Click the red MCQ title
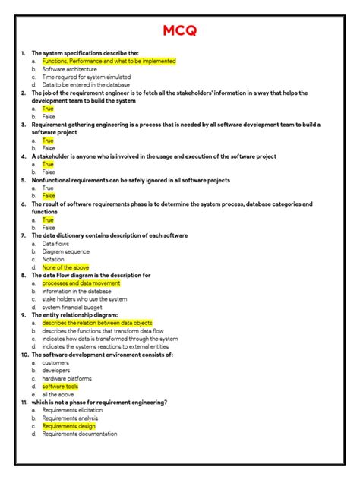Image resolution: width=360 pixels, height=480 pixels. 180,32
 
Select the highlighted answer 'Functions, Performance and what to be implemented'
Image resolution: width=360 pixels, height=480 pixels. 109,61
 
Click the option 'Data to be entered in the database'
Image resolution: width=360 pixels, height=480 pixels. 86,85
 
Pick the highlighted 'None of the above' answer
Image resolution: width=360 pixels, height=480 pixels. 65,267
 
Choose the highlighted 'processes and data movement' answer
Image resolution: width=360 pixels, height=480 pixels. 81,283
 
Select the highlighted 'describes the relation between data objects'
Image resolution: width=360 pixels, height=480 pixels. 97,323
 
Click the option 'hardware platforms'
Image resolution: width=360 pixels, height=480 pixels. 67,378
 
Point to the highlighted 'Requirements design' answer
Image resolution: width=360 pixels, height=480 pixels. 69,426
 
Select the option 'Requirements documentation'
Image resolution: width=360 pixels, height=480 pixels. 79,434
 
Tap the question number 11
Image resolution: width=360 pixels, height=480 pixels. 24,403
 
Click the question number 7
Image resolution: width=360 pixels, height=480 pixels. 24,235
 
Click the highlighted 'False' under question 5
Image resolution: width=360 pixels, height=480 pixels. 49,196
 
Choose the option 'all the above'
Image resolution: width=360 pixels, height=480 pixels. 58,394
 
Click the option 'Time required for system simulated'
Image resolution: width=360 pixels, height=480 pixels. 86,77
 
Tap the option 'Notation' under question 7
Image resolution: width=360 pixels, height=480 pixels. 54,259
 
